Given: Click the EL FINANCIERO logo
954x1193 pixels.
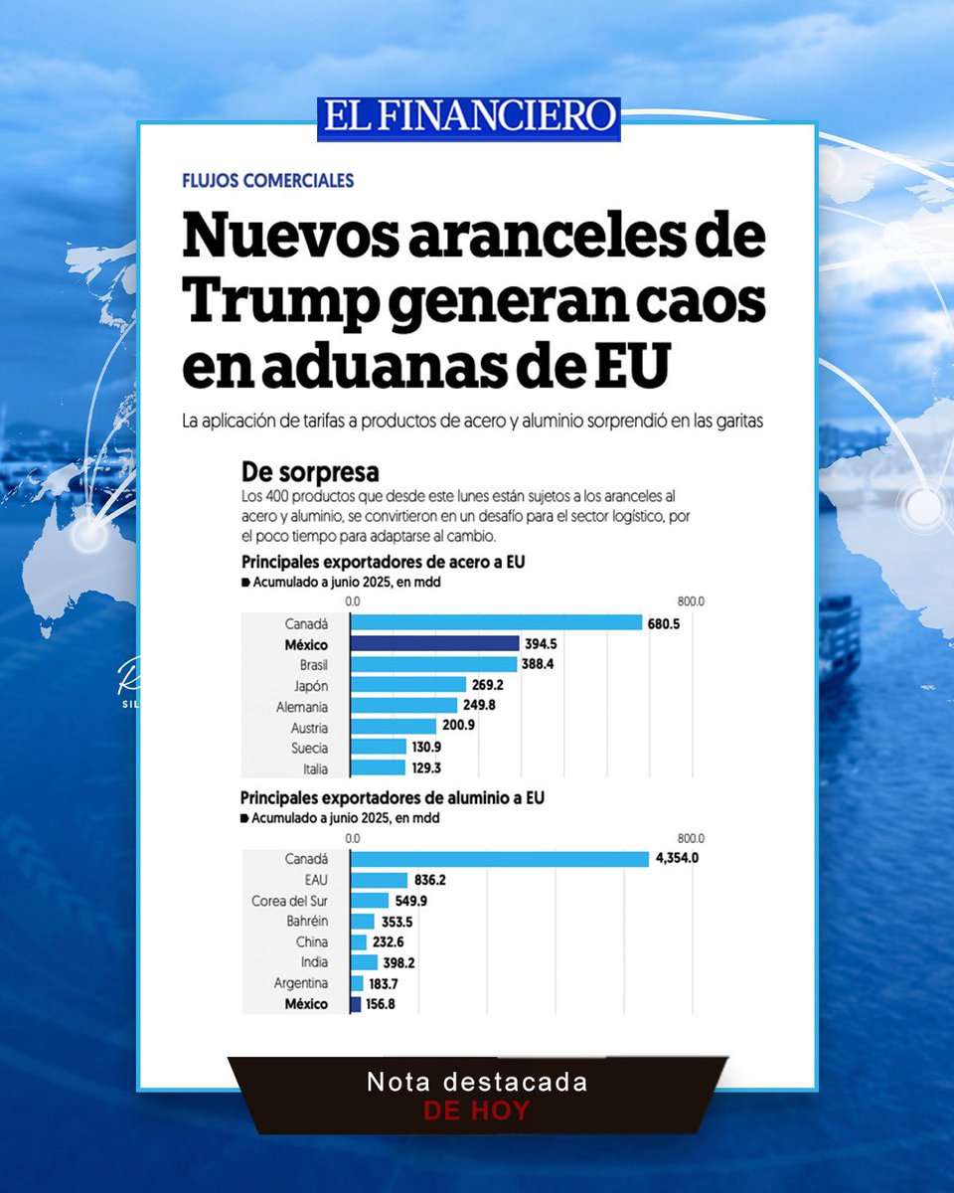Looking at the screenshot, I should click(x=469, y=117).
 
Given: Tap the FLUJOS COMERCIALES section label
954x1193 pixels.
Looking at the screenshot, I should click(x=268, y=181).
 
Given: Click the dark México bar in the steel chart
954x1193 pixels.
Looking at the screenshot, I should click(x=434, y=643).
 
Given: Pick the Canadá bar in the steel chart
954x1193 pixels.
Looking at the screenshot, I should click(x=496, y=622).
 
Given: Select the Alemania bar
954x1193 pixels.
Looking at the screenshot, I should click(x=403, y=706).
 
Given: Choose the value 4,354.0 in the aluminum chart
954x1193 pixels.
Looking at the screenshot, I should click(x=676, y=859).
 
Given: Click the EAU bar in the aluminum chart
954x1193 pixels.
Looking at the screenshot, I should click(x=379, y=880).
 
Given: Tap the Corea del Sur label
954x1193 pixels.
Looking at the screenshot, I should click(x=289, y=901).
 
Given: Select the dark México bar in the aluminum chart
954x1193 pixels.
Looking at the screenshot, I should click(x=356, y=1004).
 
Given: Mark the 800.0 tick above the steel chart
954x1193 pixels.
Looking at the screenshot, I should click(x=690, y=601).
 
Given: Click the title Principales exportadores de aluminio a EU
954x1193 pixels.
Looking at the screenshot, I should click(x=392, y=797).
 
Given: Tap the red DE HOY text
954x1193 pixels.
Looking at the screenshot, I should click(x=477, y=1110).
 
